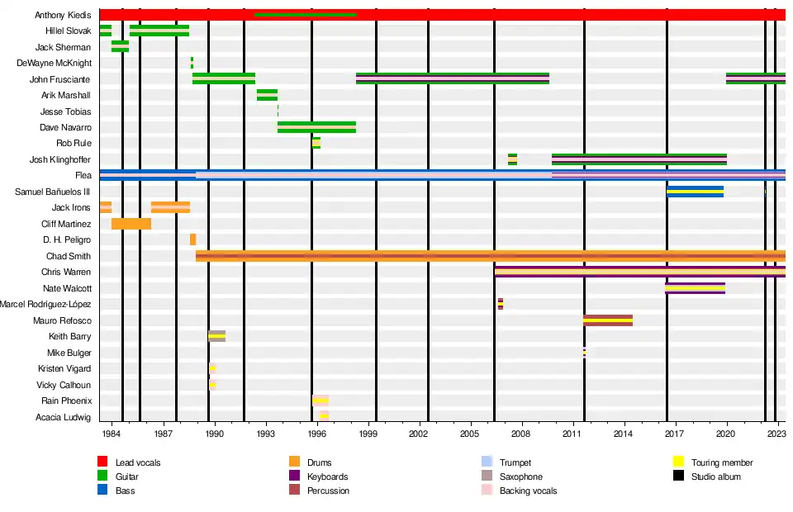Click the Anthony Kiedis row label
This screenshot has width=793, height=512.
click(x=63, y=16)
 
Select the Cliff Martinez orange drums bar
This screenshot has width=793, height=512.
click(x=131, y=224)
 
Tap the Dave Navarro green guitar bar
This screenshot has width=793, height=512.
click(x=316, y=127)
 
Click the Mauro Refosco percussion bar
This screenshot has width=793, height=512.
click(x=607, y=320)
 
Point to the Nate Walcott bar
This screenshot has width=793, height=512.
click(x=695, y=288)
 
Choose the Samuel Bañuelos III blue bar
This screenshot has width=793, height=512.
click(x=695, y=192)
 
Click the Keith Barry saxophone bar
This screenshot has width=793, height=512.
click(x=216, y=336)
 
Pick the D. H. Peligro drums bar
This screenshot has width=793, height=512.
click(x=192, y=239)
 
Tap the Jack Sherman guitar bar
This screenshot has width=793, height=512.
click(x=120, y=47)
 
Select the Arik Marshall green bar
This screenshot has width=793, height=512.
click(x=267, y=95)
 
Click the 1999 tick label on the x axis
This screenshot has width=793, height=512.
click(x=368, y=433)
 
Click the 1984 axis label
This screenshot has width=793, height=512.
click(x=112, y=433)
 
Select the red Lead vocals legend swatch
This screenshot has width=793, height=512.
click(x=102, y=462)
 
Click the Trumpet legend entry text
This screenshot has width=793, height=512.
click(x=515, y=462)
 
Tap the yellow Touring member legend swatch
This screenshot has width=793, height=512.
click(x=678, y=462)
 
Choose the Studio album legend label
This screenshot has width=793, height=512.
click(x=716, y=476)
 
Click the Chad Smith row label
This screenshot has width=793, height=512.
click(x=69, y=256)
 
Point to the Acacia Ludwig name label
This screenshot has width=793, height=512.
click(x=63, y=417)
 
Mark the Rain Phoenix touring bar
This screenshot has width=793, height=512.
click(x=321, y=401)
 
